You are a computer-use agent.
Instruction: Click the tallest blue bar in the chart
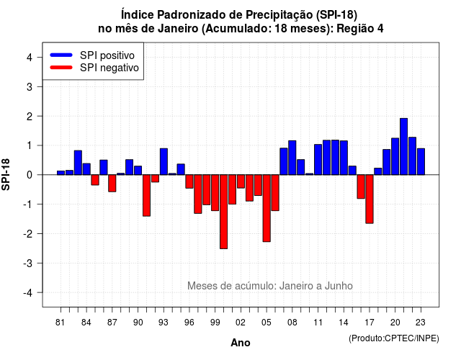pyautogui.click(x=403, y=146)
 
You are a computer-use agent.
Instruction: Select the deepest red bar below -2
pyautogui.click(x=223, y=212)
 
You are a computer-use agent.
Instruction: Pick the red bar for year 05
pyautogui.click(x=267, y=208)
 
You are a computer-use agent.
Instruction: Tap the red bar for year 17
pyautogui.click(x=370, y=199)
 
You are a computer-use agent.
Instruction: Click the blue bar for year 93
pyautogui.click(x=164, y=161)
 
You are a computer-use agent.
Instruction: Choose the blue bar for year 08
pyautogui.click(x=292, y=158)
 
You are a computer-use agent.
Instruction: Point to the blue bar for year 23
pyautogui.click(x=421, y=161)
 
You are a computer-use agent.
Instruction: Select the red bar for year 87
pyautogui.click(x=112, y=183)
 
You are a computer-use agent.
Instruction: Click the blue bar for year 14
pyautogui.click(x=344, y=158)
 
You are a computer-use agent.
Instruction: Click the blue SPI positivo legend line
pyautogui.click(x=61, y=55)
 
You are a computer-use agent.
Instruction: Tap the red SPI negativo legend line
pyautogui.click(x=61, y=67)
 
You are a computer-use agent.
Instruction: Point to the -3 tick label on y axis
pyautogui.click(x=28, y=263)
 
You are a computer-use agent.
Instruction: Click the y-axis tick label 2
pyautogui.click(x=30, y=117)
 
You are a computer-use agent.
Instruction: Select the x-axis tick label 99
pyautogui.click(x=215, y=323)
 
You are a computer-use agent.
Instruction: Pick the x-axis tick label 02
pyautogui.click(x=241, y=323)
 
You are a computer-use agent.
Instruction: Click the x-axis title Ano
pyautogui.click(x=240, y=343)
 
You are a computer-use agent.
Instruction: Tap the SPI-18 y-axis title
pyautogui.click(x=6, y=174)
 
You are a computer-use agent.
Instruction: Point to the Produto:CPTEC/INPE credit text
pyautogui.click(x=394, y=338)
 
